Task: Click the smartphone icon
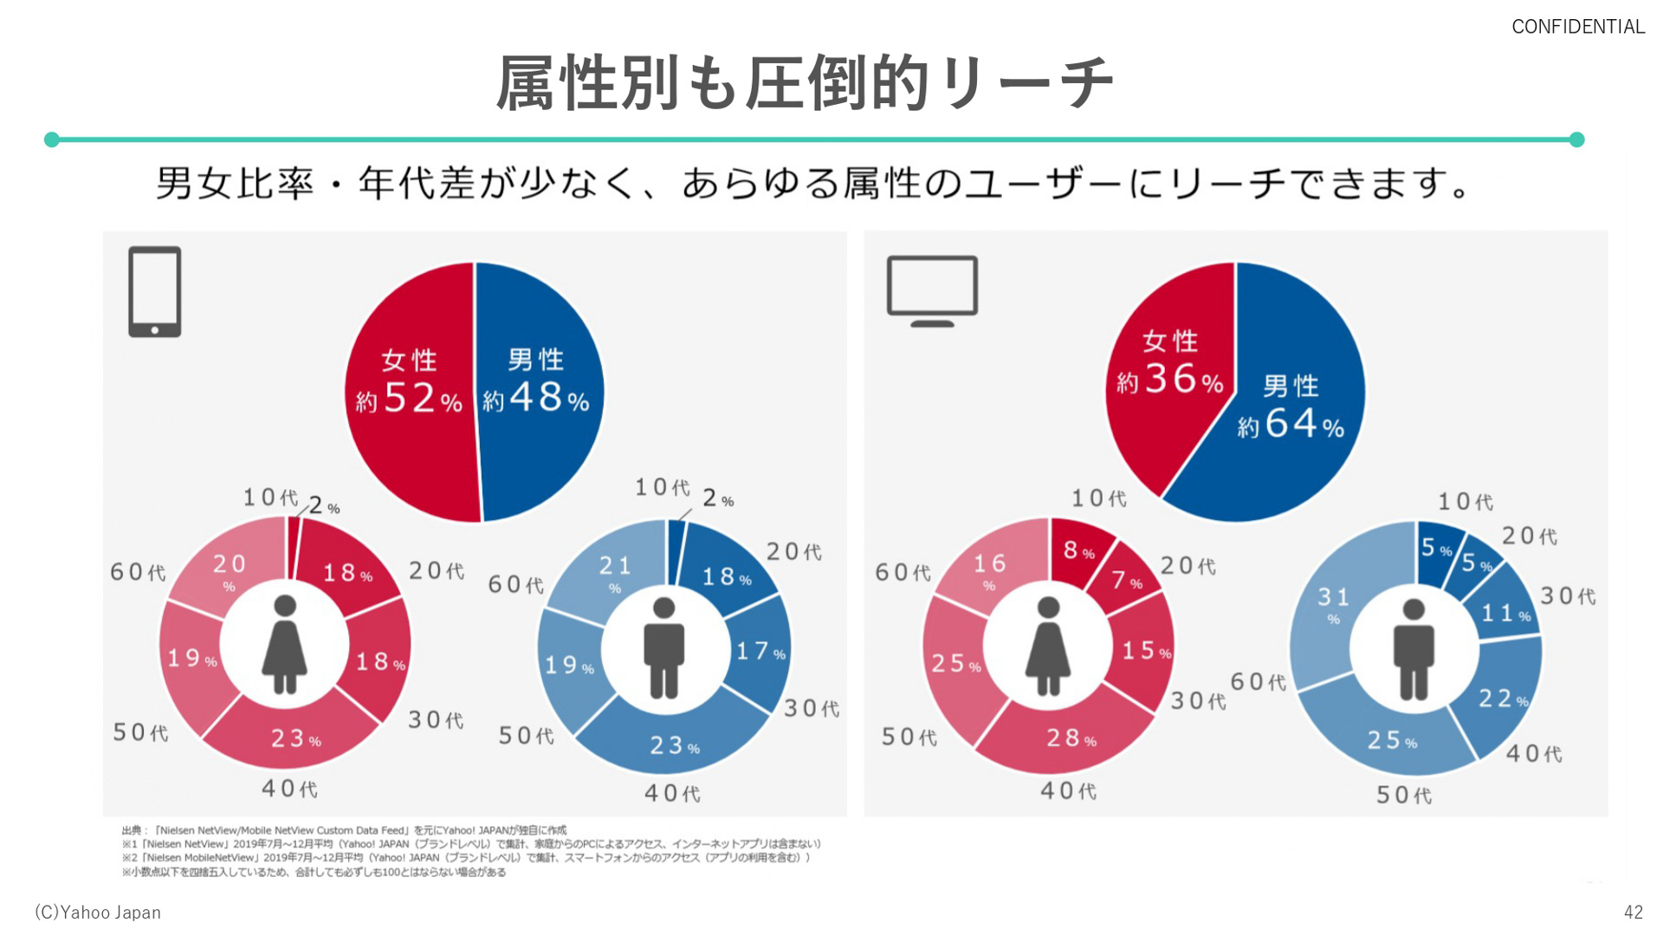154,291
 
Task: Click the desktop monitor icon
932,289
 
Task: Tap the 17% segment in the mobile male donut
759,651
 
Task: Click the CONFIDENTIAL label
1577,27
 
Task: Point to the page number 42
1633,912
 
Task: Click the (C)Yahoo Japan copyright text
98,912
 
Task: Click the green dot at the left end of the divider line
52,140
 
